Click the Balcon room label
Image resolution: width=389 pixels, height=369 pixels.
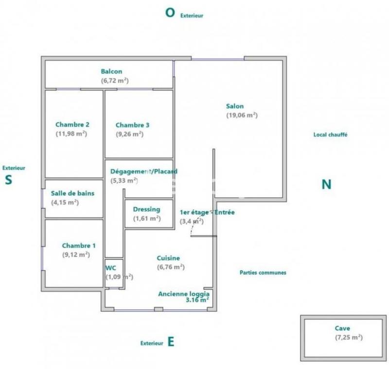coord(111,72)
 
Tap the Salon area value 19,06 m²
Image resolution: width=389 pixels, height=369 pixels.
coord(242,116)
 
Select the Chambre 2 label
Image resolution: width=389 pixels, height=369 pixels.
coord(72,124)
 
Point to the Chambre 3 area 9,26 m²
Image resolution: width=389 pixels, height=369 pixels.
coord(129,134)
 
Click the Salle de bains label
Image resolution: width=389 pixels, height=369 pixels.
coord(72,193)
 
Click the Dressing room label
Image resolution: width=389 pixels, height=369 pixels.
coord(146,209)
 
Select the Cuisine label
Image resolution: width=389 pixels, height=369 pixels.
coord(168,258)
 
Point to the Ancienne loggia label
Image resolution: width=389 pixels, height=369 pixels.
coord(184,294)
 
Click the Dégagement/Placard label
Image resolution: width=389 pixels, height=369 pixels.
coord(143,171)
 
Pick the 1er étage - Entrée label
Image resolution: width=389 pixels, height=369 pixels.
coord(207,212)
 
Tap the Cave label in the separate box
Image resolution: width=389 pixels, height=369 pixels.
coord(342,328)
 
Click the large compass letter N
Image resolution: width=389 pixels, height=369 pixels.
coord(326,184)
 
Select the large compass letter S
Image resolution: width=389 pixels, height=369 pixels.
coord(8,180)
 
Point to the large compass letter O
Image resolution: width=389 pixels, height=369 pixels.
coord(170,13)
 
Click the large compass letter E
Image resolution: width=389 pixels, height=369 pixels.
coord(171,342)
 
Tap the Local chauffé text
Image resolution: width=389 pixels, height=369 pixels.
coord(330,135)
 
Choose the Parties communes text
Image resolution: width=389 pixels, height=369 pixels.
coord(263,273)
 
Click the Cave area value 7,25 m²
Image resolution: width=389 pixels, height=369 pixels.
coord(349,337)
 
